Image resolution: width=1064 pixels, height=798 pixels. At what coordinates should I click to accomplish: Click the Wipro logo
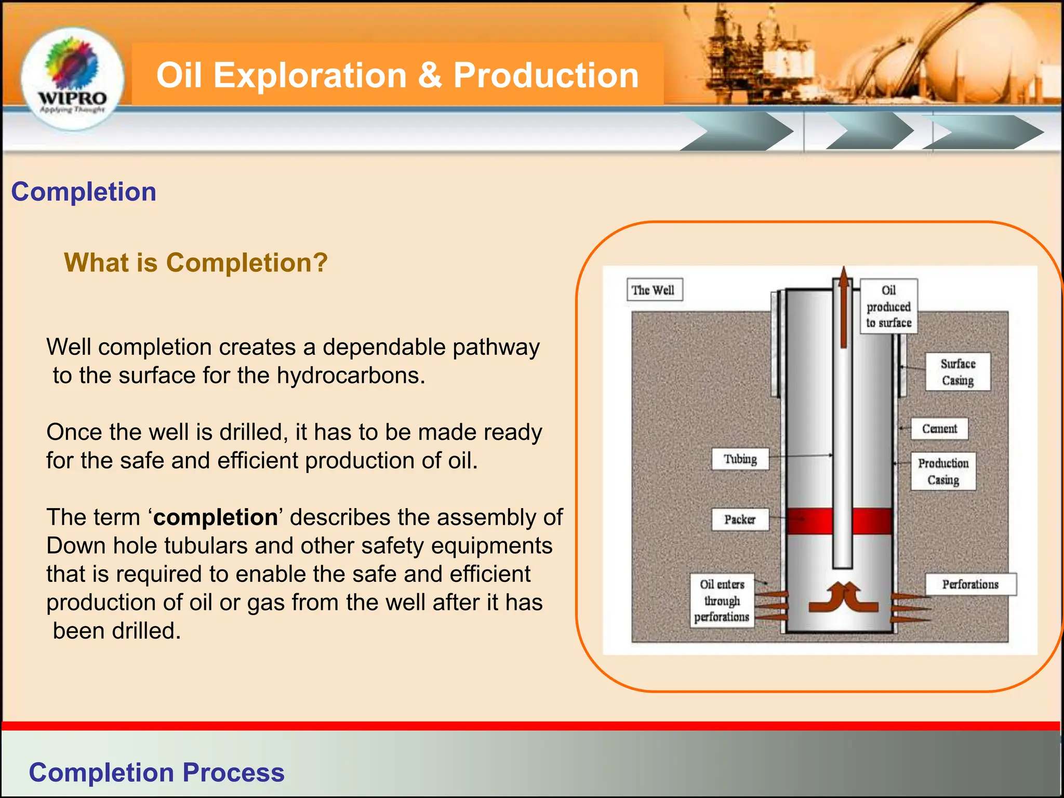72,78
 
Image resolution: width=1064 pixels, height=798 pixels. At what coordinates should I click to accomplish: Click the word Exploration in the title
310,75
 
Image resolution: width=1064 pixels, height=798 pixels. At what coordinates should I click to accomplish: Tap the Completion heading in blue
84,192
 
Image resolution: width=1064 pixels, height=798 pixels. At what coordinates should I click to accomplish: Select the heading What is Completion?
195,262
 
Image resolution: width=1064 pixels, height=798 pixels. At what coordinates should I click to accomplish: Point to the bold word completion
216,517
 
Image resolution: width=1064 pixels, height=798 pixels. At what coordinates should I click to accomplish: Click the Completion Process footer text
156,772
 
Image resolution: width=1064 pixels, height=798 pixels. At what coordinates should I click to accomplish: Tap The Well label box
654,290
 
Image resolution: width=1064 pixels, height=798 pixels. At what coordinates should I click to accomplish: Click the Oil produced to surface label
888,307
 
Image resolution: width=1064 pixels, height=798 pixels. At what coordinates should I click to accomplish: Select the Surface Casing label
957,372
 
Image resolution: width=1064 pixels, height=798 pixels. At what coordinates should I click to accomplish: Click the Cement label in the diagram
939,429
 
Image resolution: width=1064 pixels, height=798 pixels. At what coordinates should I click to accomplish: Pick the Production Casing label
943,471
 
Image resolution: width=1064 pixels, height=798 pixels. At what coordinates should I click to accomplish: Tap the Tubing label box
740,459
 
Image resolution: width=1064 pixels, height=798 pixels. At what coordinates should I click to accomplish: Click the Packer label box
740,520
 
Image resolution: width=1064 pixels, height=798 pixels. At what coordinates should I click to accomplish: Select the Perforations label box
970,584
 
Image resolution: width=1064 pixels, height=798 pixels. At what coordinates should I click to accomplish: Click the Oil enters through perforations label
722,601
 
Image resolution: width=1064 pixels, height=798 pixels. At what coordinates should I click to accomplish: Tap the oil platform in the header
748,52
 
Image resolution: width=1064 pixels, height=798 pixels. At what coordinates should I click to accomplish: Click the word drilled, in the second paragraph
250,432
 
